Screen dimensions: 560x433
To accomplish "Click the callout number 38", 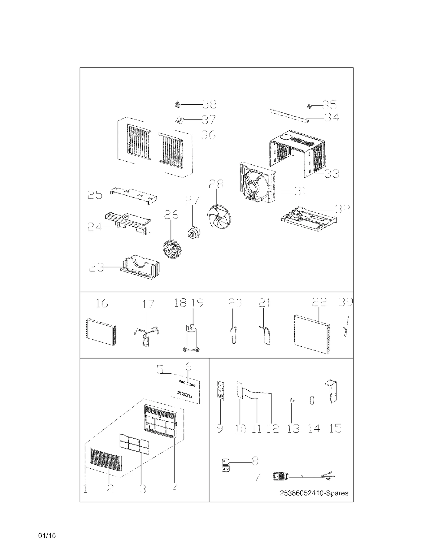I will tap(209, 104).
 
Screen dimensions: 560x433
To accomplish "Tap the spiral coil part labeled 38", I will tap(177, 104).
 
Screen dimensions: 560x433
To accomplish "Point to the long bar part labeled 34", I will tap(289, 115).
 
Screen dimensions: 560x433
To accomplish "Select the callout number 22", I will tap(319, 302).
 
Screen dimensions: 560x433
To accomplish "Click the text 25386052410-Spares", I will tap(314, 493).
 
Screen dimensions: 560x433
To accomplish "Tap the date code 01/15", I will tap(47, 535).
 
